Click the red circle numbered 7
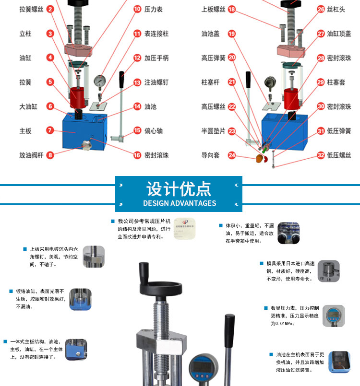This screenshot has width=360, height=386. click(x=50, y=130)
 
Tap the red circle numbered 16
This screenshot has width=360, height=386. click(x=137, y=155)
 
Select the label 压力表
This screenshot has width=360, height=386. click(x=153, y=10)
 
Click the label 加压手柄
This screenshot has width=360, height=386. click(x=156, y=58)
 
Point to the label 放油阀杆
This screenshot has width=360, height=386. click(x=31, y=155)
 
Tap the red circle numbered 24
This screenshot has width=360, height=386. click(x=232, y=155)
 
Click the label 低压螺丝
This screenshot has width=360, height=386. click(x=339, y=155)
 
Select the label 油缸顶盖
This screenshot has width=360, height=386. click(x=339, y=34)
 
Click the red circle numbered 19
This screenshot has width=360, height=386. click(x=232, y=34)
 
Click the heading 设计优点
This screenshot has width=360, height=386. click(x=179, y=189)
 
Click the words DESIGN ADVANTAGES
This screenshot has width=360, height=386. click(x=180, y=203)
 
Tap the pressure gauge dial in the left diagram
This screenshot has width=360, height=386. click(x=100, y=81)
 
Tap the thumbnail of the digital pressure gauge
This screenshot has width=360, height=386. click(x=334, y=316)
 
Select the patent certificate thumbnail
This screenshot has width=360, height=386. click(x=184, y=228)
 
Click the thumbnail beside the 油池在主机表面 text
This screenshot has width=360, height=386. click(x=339, y=362)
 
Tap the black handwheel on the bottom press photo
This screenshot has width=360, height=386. click(x=161, y=288)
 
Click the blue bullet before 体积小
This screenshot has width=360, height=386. click(x=221, y=225)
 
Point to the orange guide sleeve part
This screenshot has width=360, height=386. click(x=259, y=158)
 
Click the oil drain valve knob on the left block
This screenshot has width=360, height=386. click(x=87, y=145)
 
